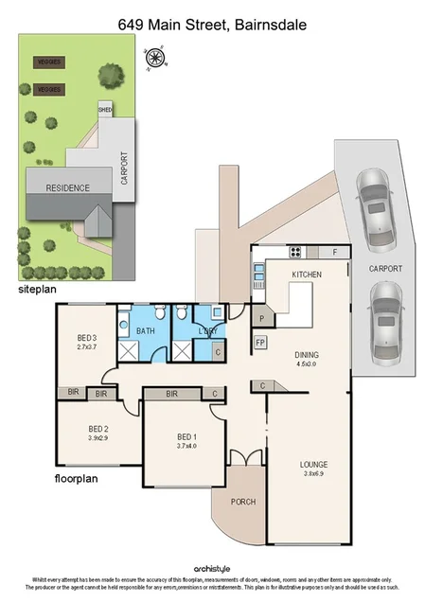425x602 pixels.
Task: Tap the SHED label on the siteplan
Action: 106,110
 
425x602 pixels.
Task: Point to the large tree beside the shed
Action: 112,74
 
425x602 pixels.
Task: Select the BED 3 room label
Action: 87,338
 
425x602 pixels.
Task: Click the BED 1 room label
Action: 186,436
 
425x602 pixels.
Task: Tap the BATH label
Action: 146,331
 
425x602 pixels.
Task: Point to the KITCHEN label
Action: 307,274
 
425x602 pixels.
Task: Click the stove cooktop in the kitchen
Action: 295,252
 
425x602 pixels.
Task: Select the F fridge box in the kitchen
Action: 334,252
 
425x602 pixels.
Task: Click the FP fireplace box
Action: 260,342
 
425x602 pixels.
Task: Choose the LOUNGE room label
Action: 313,464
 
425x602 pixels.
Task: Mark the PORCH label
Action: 242,501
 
